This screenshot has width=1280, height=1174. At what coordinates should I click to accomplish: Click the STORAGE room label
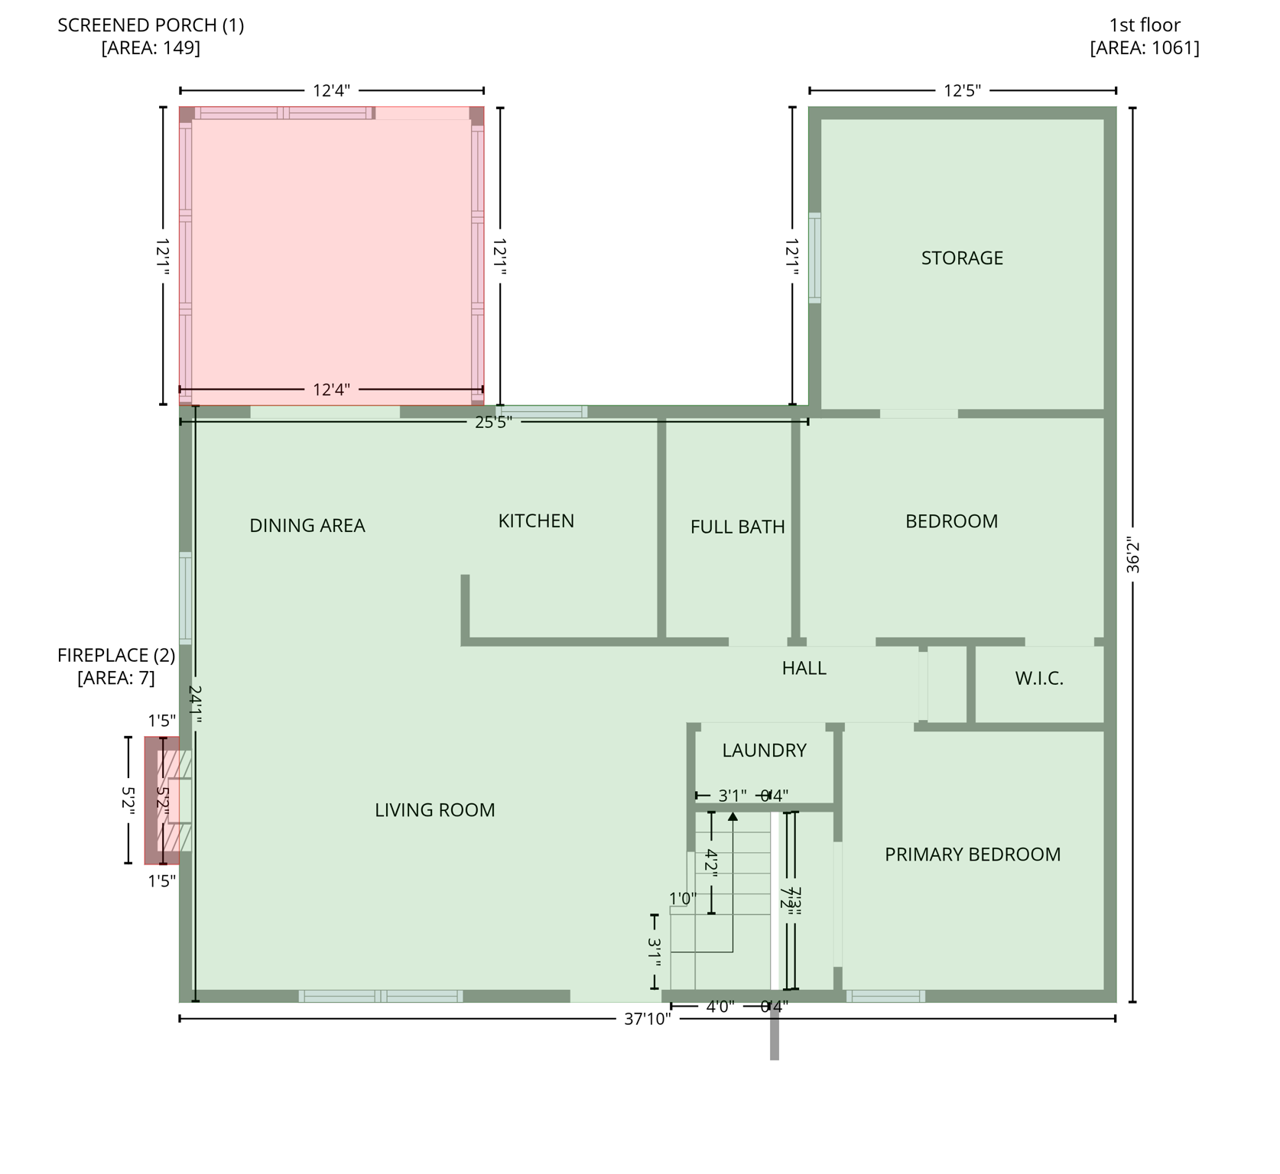961,258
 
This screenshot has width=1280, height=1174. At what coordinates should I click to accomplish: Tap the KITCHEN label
535,521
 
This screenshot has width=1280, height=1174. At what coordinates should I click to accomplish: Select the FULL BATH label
737,527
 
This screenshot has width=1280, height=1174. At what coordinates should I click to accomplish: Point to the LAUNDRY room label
764,751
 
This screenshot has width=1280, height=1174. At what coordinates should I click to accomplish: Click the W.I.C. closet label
1038,679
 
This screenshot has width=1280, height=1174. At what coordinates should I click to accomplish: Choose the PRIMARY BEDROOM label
972,855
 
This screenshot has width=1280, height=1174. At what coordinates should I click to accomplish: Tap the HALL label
804,669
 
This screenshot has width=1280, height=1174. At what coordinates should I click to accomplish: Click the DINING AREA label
307,526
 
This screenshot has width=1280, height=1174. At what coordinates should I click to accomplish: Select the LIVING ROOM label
434,810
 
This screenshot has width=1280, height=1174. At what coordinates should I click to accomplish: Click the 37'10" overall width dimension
647,1019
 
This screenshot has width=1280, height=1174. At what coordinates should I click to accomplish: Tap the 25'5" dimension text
493,423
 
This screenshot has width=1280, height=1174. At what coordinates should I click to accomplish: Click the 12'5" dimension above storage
961,91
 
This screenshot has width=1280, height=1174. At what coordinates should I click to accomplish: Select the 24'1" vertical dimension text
195,705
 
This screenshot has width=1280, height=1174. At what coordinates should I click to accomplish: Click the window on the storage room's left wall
814,258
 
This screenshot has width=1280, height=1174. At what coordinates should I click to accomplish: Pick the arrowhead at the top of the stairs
733,816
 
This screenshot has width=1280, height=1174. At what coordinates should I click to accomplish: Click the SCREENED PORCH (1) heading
151,25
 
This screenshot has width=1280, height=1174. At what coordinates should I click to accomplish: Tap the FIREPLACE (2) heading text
116,656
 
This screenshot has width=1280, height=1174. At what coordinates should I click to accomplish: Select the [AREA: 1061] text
1144,48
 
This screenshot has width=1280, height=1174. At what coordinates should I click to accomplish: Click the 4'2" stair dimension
710,864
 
